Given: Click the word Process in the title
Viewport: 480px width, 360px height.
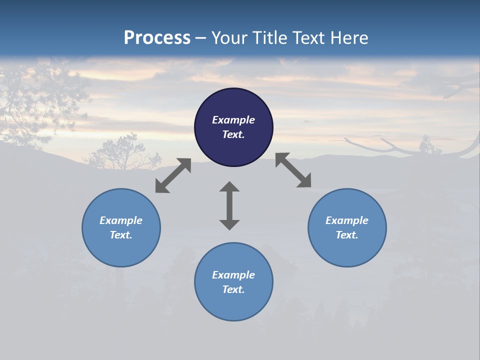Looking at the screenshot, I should pyautogui.click(x=157, y=38).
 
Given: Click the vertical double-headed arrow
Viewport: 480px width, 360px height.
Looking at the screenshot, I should pyautogui.click(x=229, y=205).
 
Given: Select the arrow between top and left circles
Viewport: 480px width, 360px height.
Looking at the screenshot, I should pyautogui.click(x=173, y=175).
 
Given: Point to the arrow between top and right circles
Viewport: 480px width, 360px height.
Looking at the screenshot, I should pyautogui.click(x=293, y=170).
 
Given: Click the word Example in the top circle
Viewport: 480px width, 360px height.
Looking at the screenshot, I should pyautogui.click(x=233, y=120).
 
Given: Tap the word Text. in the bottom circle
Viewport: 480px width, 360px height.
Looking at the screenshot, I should pyautogui.click(x=233, y=289).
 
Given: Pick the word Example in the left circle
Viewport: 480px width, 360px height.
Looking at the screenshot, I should pyautogui.click(x=121, y=220).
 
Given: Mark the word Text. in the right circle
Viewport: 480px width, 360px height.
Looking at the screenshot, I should pyautogui.click(x=347, y=235).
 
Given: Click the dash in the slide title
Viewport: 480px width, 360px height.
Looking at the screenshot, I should pyautogui.click(x=201, y=38).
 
